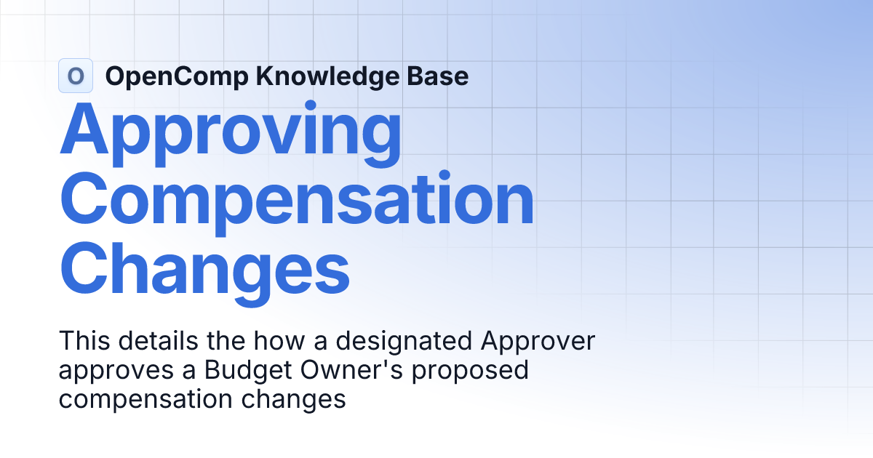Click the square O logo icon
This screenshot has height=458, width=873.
click(x=75, y=76)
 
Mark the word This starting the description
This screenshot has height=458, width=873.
click(x=81, y=342)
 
